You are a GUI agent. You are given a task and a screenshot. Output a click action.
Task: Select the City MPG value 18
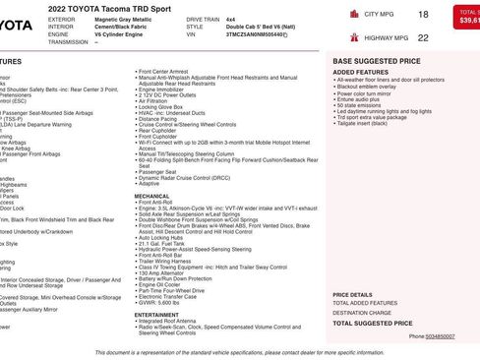(x=423, y=15)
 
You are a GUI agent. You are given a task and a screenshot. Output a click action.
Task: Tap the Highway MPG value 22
(x=423, y=38)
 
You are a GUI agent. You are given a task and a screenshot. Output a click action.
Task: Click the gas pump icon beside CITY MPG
(x=353, y=15)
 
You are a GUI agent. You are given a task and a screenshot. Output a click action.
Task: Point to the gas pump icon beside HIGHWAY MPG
(x=353, y=38)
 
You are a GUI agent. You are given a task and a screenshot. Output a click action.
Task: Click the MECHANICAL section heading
(x=151, y=195)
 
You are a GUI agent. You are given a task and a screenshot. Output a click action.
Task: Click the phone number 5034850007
(x=440, y=336)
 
